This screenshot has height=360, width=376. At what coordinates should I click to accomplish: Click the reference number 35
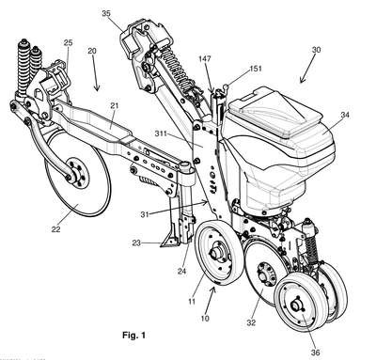coord(106,13)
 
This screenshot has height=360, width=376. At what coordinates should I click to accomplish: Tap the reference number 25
coord(68,42)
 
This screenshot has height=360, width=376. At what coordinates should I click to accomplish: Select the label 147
coord(205,59)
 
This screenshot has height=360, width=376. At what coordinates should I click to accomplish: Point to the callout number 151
coord(256,69)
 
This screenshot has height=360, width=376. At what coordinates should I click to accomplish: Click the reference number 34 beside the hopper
coord(345,115)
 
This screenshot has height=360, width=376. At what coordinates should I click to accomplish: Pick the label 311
coord(161,133)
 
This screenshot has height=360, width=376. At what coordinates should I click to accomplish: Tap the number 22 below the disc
coord(55,229)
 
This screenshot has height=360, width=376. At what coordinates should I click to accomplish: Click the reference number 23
coord(136,243)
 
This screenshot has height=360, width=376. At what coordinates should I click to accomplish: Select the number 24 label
coord(181,272)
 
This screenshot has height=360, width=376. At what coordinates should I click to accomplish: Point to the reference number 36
coord(315,352)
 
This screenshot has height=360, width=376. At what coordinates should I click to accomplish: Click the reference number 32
coord(251,322)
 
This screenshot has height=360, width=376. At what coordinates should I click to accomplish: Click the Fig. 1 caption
coord(133,336)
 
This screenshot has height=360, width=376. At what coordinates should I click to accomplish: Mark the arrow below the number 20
coord(95,75)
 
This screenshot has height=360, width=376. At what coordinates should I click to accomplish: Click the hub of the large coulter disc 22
coord(75,174)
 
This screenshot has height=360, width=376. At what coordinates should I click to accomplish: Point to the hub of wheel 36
coord(295,305)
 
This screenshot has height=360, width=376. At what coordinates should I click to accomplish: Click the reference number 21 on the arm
coord(115,105)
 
